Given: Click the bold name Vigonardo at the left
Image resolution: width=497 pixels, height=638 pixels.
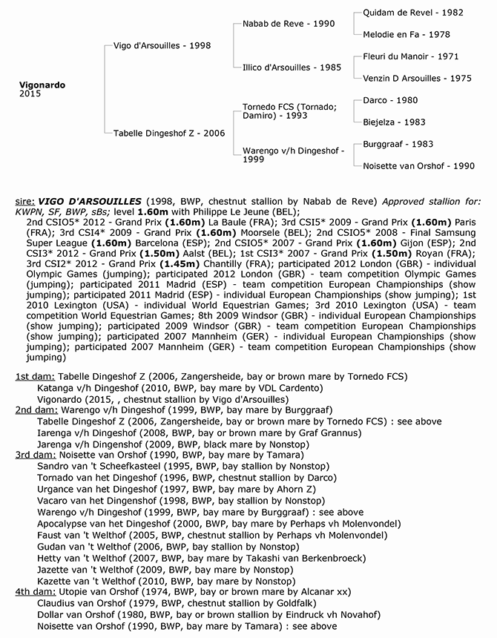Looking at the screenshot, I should [42, 85].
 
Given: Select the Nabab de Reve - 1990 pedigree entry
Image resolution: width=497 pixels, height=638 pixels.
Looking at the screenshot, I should [289, 24].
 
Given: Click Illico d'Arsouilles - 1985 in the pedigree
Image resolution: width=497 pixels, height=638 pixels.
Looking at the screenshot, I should [292, 67].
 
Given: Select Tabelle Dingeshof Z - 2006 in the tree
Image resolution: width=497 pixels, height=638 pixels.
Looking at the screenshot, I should [169, 133].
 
